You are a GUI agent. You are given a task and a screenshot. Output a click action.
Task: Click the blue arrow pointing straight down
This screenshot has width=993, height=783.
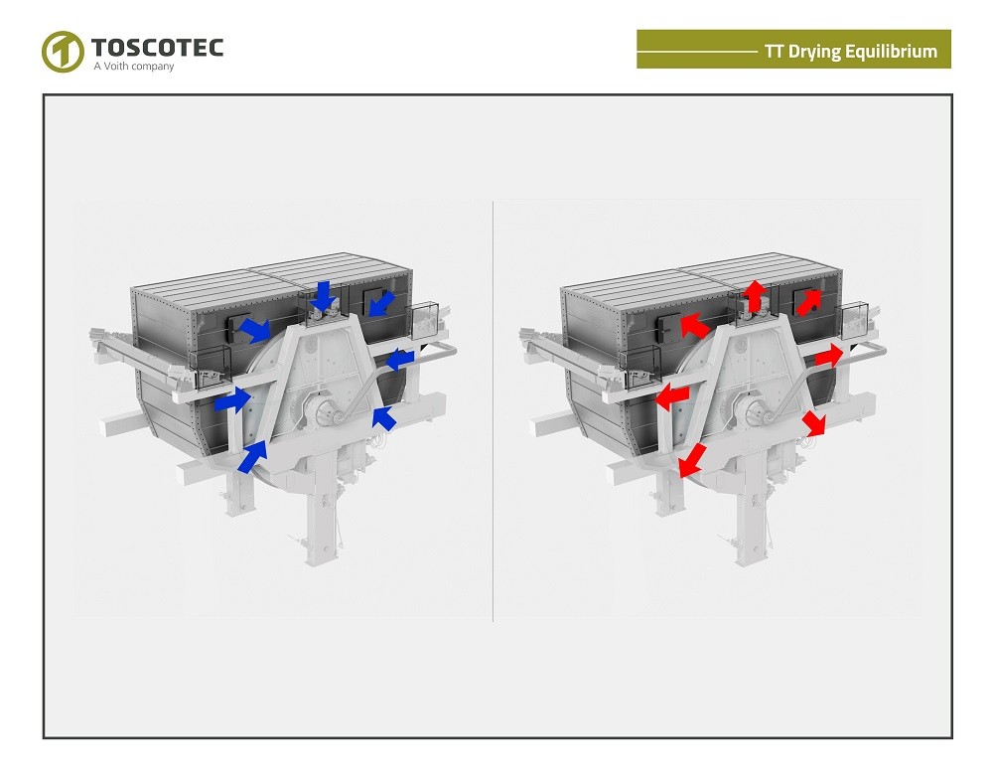pos(323,295)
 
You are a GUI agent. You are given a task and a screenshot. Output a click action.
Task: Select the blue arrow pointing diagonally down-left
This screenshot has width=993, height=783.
pos(379,302)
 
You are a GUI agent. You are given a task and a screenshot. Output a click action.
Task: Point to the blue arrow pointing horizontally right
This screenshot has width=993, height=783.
pos(232,400)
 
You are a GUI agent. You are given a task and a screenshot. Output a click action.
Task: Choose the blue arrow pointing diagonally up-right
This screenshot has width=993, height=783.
pos(253,456)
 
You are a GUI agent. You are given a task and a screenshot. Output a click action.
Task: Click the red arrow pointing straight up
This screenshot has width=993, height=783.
pos(755,295)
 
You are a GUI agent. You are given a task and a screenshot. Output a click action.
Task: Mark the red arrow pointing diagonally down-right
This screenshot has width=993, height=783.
pos(814,422)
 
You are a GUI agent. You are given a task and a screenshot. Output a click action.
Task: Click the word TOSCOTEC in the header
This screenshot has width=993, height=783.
pos(157,47)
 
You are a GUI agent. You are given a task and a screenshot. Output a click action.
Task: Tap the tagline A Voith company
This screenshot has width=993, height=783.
pos(133,67)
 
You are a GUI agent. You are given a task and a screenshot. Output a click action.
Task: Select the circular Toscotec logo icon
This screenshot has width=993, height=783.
pos(62,52)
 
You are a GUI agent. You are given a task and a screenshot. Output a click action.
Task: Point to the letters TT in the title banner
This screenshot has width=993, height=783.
pos(775,52)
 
